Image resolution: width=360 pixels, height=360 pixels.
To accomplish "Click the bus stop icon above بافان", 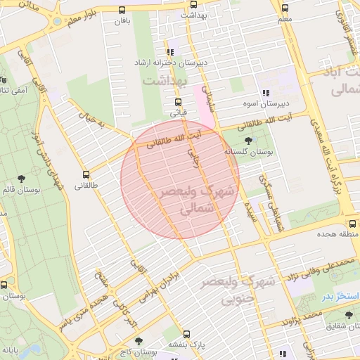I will (x=123, y=10).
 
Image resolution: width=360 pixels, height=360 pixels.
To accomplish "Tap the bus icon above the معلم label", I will (x=285, y=9).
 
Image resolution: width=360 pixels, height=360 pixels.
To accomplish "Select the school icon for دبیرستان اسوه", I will (x=265, y=93).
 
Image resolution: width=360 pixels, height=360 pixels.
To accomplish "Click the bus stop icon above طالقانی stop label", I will (x=86, y=174).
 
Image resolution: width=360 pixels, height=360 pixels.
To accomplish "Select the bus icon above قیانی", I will (x=176, y=101).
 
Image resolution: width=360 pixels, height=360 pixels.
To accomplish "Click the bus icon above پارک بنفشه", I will (x=186, y=334).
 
